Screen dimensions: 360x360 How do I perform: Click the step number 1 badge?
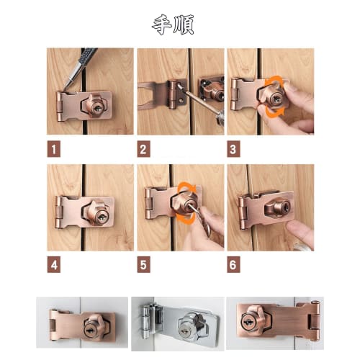tap(55, 150)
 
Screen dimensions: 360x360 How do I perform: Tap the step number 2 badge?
tap(145, 150)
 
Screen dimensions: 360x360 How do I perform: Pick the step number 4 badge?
tap(55, 264)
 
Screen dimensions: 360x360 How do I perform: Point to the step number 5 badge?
tap(145, 264)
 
